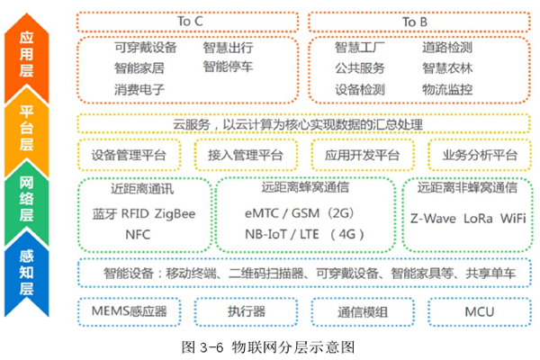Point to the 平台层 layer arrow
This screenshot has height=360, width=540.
point(28,130)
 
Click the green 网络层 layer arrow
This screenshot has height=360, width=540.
point(28,203)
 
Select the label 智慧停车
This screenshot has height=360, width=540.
point(228,67)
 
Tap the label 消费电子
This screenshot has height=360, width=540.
point(139,90)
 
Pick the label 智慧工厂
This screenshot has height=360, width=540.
point(360,47)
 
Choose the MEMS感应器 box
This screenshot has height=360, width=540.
point(129,310)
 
